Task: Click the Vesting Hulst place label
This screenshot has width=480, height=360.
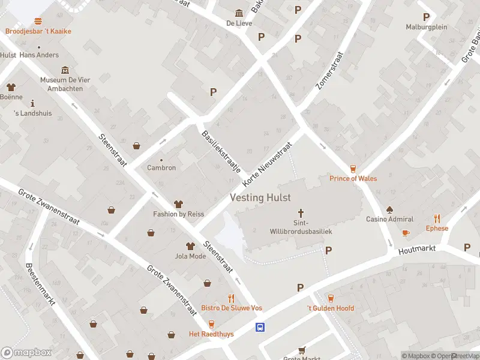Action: click(x=260, y=197)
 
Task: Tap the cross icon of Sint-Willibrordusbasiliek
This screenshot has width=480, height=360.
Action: click(x=301, y=213)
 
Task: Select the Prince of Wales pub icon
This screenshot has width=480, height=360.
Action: click(x=353, y=169)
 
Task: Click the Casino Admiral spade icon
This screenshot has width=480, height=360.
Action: click(x=390, y=210)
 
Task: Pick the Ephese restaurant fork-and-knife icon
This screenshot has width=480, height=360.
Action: click(x=437, y=219)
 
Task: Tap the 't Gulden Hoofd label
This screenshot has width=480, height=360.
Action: click(x=331, y=308)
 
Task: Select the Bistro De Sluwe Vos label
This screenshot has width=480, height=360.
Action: click(x=232, y=308)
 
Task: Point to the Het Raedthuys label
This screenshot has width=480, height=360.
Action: click(x=211, y=334)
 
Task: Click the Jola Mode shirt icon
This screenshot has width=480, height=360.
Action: click(x=190, y=246)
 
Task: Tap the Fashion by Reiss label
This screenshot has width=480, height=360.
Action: click(x=179, y=214)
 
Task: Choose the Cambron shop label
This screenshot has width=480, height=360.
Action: click(x=161, y=168)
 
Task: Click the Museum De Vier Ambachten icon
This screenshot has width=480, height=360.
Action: click(x=65, y=70)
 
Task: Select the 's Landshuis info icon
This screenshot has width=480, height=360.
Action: click(x=33, y=103)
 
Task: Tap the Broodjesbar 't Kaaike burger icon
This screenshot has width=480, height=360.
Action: click(x=38, y=22)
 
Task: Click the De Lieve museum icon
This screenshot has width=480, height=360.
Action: click(x=239, y=14)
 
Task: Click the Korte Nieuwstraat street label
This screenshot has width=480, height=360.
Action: click(x=267, y=163)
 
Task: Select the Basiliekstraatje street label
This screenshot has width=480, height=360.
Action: click(x=220, y=152)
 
